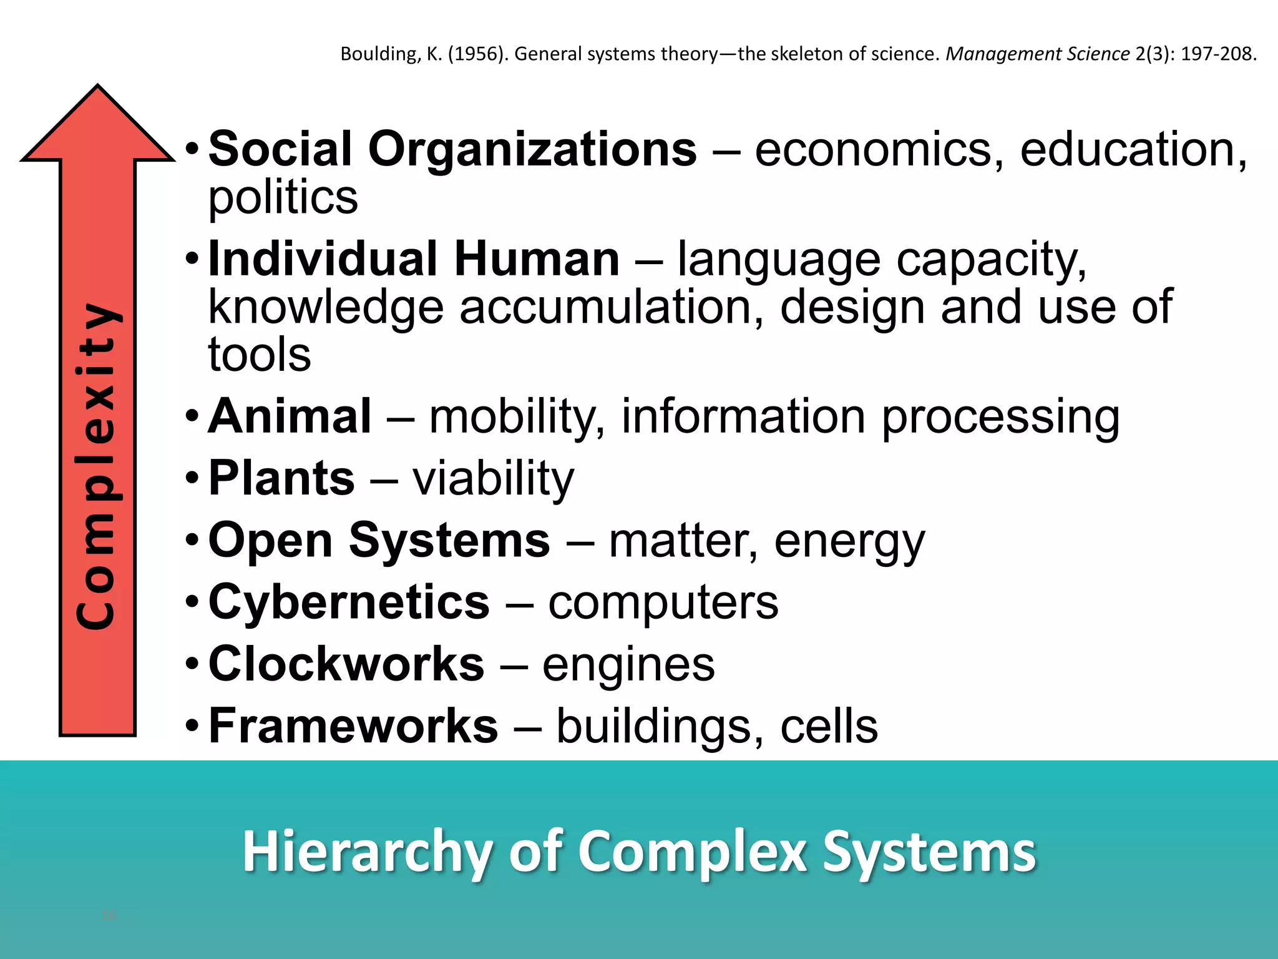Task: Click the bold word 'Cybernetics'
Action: tap(349, 602)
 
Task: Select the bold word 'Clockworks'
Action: tap(346, 664)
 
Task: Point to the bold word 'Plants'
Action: tap(281, 478)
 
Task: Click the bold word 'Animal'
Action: tap(290, 416)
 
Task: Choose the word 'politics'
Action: tap(283, 198)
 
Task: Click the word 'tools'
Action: tap(260, 355)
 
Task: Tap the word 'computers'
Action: tap(663, 602)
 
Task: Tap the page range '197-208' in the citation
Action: tap(1216, 54)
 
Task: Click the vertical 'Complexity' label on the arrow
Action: tap(97, 465)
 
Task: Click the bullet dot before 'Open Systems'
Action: tap(192, 540)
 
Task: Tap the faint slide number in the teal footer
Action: tap(109, 915)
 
